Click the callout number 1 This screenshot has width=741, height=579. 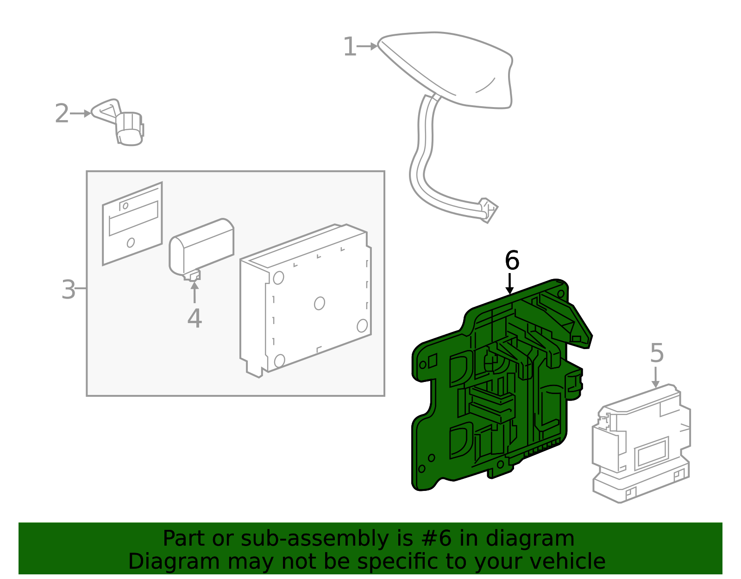point(350,47)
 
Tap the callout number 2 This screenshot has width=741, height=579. point(62,114)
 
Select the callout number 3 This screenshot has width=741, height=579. point(68,290)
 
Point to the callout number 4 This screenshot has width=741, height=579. point(195,318)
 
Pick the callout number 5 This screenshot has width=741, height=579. point(657,353)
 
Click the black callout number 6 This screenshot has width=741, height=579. point(512,261)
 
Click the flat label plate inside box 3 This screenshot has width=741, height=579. point(132,223)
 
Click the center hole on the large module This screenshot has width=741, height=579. point(319,303)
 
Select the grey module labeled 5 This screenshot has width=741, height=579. point(641,445)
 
